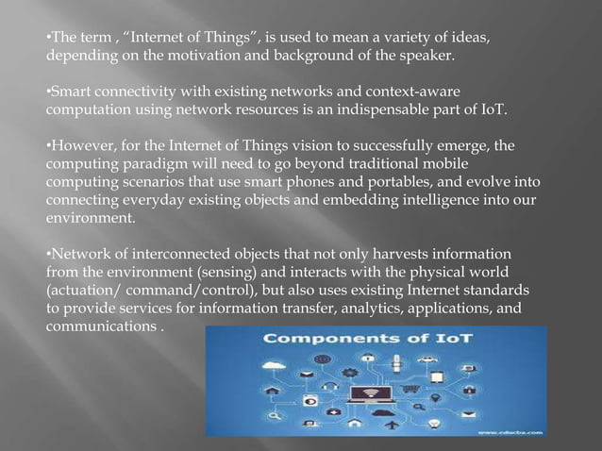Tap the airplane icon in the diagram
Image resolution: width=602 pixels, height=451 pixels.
(x=392, y=425)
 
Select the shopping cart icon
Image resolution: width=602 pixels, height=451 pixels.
(x=410, y=389)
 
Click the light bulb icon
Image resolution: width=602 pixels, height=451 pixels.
(x=435, y=425)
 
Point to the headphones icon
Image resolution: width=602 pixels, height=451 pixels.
(x=330, y=386)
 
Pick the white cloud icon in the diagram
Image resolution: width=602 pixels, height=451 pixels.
(x=273, y=365)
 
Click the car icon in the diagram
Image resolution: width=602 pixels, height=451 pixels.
(x=426, y=359)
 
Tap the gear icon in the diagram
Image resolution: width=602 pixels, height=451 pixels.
(x=348, y=373)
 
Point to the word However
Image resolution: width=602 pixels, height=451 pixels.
(x=82, y=147)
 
